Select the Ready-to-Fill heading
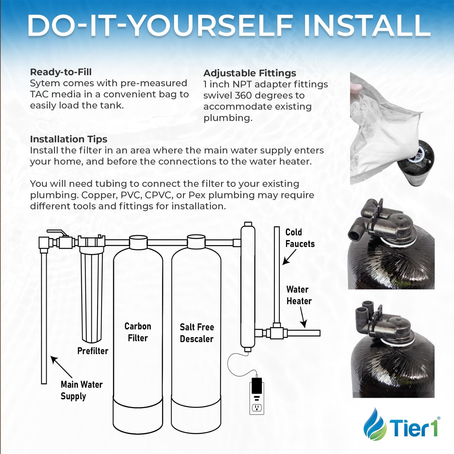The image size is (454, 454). (61, 72)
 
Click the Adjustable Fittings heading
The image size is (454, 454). (250, 73)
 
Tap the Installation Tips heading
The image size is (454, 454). (68, 139)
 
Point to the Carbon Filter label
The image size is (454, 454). (138, 332)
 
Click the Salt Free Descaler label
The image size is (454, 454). (197, 333)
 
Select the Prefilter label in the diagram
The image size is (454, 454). (93, 351)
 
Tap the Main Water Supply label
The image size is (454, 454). (81, 390)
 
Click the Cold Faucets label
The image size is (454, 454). (300, 238)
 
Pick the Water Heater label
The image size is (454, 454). (299, 295)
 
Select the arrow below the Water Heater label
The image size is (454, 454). (303, 318)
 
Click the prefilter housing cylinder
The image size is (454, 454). (92, 295)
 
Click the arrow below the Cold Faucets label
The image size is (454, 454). (289, 257)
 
